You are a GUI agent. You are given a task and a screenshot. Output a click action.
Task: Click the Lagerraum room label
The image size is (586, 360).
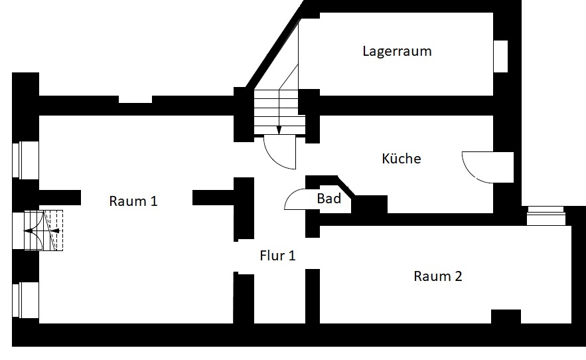[397, 51]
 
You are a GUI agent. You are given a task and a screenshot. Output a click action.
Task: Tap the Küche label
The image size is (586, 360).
[402, 158]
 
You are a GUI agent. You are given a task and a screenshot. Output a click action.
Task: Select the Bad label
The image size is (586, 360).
[329, 198]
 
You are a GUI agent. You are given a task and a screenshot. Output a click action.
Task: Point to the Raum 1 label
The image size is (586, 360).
[133, 201]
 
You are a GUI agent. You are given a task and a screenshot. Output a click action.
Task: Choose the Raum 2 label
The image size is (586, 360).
[437, 276]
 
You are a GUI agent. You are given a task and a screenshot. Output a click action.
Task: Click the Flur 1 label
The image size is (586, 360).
[277, 256]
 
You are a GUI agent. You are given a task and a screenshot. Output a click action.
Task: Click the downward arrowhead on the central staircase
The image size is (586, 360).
[279, 130]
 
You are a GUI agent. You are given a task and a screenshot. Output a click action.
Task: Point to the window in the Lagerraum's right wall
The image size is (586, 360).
[500, 56]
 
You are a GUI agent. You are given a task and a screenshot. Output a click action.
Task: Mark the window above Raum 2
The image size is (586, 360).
[546, 216]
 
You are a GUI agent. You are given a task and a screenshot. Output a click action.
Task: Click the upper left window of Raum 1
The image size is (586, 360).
[25, 160]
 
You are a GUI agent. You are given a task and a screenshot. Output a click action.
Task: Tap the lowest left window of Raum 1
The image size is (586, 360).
[25, 300]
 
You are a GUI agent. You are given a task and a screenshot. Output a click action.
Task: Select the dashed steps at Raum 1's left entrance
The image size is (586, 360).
[53, 230]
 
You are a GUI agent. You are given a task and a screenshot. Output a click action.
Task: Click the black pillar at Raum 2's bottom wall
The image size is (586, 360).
[506, 317]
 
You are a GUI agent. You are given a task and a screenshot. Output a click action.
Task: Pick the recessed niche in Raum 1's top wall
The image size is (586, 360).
[135, 100]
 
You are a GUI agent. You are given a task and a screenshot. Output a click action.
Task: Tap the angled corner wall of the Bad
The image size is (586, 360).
[346, 186]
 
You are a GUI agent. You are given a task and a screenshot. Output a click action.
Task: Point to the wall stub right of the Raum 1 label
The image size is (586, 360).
[213, 197]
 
